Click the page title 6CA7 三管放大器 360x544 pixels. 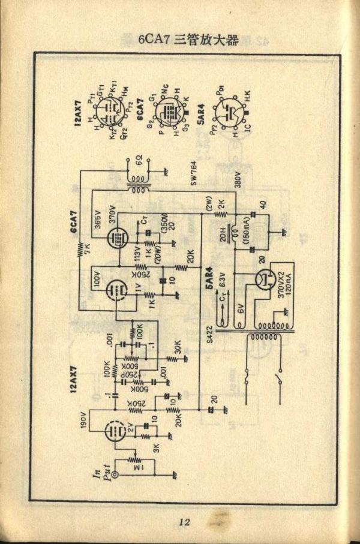(x=188, y=40)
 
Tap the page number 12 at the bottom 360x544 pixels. (x=184, y=522)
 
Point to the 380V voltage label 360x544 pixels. (x=238, y=180)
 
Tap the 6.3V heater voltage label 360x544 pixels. (x=223, y=278)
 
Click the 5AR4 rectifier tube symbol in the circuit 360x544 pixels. (x=265, y=279)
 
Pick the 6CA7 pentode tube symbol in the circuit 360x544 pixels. (x=118, y=238)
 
